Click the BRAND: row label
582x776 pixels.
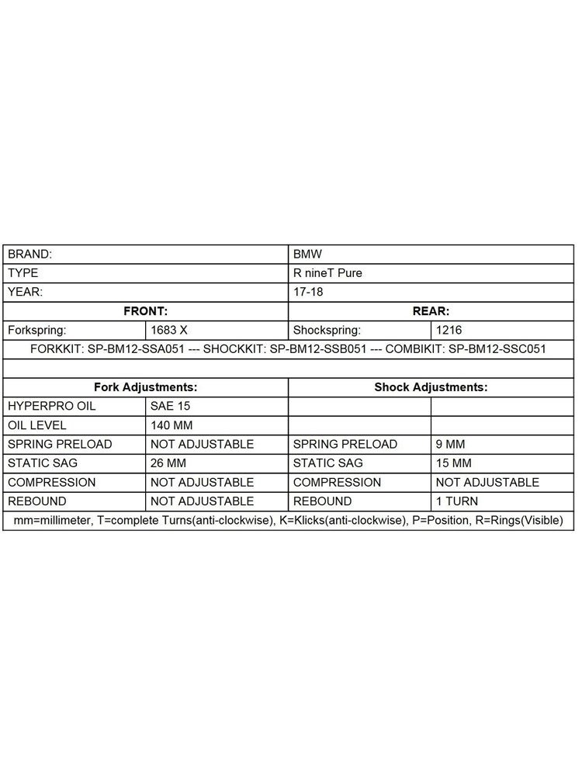pos(30,254)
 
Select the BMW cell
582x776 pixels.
pos(307,254)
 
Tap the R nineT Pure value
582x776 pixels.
pos(327,273)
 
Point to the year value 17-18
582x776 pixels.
pos(308,292)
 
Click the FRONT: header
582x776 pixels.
pos(146,311)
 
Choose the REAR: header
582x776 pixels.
pos(431,311)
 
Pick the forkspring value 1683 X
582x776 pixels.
pos(169,330)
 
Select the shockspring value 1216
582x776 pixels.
pos(449,330)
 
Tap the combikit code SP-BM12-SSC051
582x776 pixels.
pos(497,349)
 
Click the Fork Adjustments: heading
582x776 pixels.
pos(145,386)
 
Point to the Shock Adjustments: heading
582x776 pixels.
pos(431,386)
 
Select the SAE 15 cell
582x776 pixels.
pos(171,406)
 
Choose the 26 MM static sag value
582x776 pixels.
pos(168,463)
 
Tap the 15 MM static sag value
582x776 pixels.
pos(454,463)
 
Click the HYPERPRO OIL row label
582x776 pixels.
pos(53,406)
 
